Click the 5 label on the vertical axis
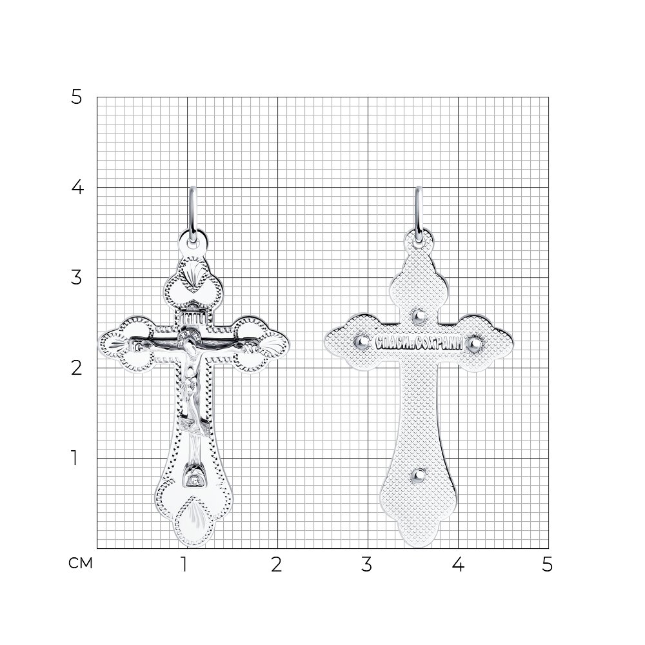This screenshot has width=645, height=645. tap(77, 97)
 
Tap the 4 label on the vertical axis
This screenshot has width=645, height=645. tap(77, 188)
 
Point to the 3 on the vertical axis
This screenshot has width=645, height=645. tap(77, 277)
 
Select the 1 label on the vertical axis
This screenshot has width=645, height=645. tap(74, 458)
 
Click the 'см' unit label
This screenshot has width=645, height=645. tap(80, 563)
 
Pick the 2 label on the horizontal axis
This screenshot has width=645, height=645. tap(277, 565)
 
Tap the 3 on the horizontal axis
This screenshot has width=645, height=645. tap(366, 565)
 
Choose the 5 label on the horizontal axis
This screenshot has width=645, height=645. tap(547, 565)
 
